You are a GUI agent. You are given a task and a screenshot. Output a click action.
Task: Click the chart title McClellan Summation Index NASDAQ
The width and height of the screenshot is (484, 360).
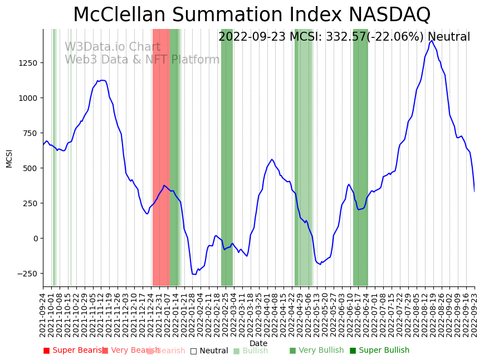coord(252,15)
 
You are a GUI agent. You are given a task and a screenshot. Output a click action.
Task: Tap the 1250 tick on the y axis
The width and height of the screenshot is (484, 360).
coord(27,63)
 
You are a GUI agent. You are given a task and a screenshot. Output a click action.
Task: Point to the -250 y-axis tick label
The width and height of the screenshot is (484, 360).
coord(26,274)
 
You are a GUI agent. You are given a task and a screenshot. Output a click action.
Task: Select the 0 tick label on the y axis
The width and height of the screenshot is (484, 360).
coord(35,239)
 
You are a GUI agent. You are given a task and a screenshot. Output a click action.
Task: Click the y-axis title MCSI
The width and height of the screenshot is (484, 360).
coord(9,158)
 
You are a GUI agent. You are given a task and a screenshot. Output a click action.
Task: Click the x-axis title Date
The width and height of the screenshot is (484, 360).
coord(258,344)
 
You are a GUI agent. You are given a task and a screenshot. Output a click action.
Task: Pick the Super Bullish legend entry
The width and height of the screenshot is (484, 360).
coord(379,351)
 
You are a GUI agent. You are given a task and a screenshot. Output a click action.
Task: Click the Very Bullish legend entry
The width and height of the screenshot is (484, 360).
coord(316,351)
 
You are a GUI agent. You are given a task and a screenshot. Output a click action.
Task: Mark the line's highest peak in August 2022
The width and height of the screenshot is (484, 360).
coord(432,41)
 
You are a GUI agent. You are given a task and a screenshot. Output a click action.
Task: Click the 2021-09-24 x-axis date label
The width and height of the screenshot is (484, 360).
coord(43,315)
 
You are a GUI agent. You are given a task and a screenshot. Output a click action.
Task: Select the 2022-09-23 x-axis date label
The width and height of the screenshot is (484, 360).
coord(475,315)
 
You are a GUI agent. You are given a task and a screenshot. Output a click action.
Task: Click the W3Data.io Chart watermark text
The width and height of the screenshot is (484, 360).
coord(113,47)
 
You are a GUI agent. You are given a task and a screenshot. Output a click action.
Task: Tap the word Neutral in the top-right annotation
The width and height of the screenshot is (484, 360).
coord(448,37)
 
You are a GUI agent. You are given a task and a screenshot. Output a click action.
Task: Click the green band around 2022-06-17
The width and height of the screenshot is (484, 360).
coord(360,156)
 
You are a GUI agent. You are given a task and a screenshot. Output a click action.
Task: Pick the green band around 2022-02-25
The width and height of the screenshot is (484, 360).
coord(227,156)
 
